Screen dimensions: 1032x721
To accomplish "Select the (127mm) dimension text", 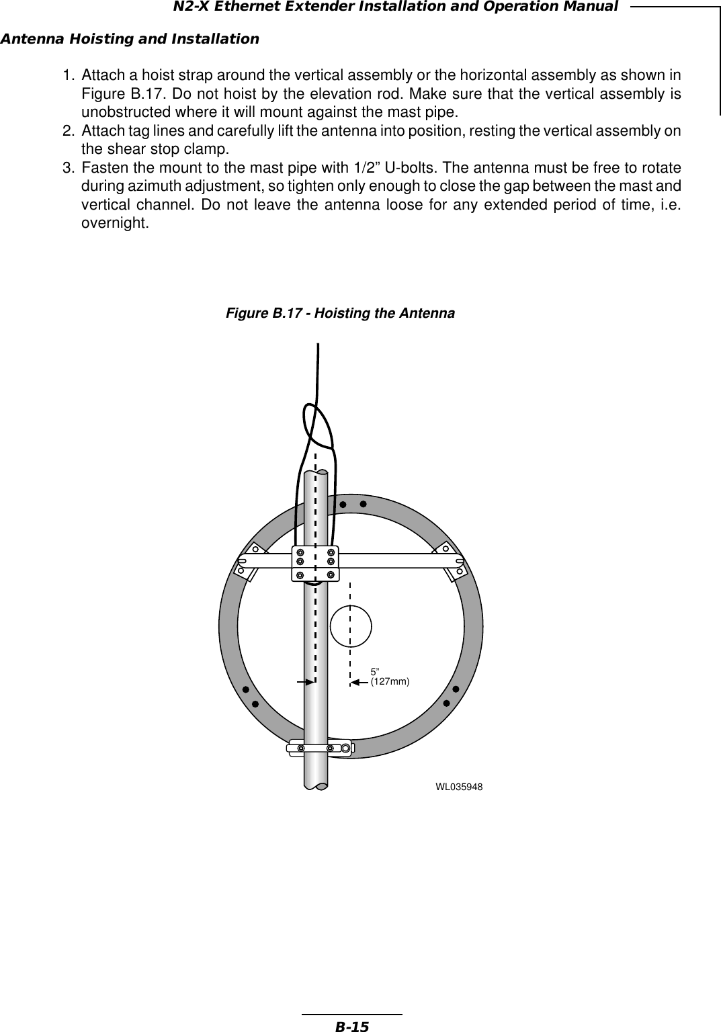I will [x=390, y=681].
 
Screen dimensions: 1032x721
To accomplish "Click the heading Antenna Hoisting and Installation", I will [x=130, y=39].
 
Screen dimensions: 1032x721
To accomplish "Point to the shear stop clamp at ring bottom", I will [x=320, y=748].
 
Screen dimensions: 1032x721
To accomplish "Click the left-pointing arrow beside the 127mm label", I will [x=359, y=682].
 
